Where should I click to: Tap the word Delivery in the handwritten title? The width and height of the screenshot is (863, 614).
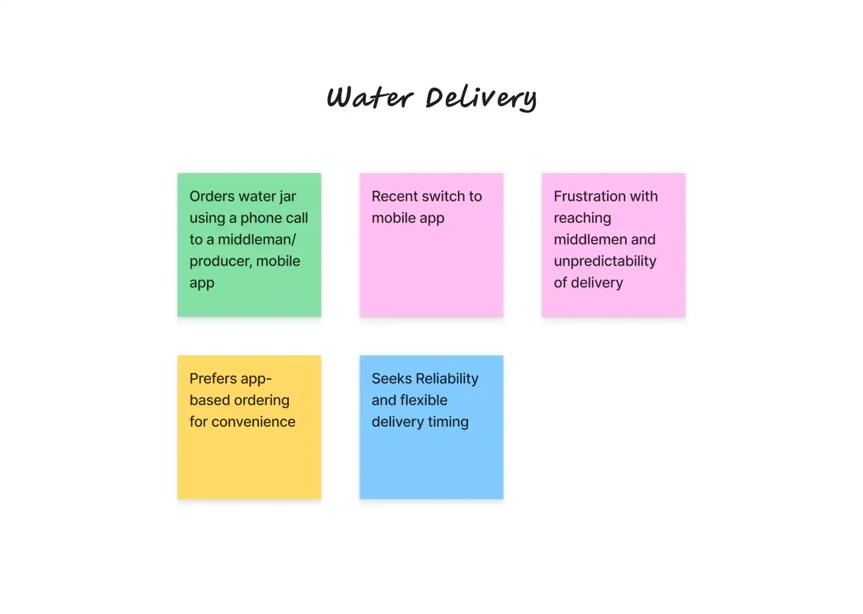click(481, 98)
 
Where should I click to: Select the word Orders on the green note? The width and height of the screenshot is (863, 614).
click(212, 197)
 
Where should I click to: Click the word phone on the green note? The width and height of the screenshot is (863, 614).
click(261, 218)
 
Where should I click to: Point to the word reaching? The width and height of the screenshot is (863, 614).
click(582, 218)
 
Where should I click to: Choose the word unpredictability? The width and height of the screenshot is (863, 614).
click(605, 261)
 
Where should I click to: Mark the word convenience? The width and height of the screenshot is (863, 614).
click(254, 422)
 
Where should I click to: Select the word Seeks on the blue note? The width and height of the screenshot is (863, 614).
click(391, 379)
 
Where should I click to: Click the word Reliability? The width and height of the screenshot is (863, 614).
click(446, 379)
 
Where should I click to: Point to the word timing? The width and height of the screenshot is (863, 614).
click(448, 422)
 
